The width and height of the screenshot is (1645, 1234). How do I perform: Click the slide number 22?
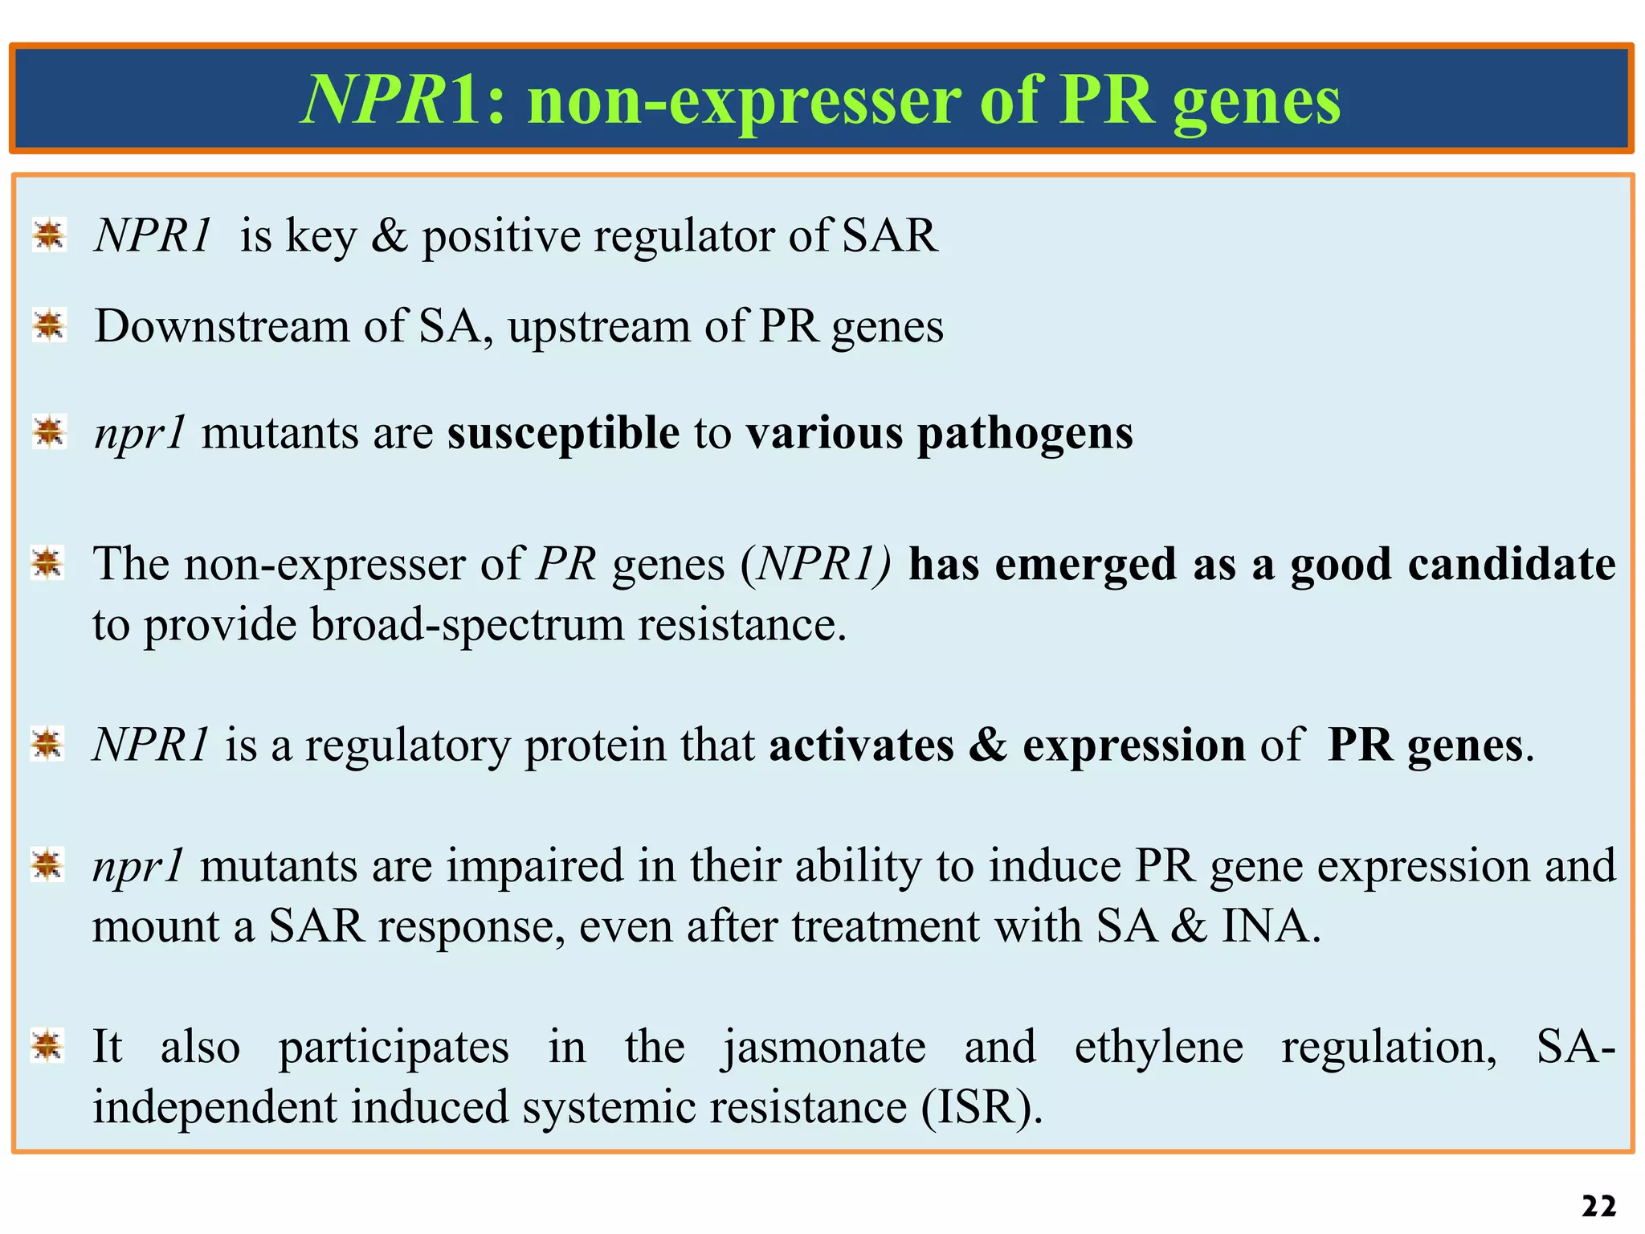click(1598, 1206)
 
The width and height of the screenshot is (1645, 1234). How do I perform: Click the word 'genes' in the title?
click(1256, 103)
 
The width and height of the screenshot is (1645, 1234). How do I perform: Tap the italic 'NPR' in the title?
click(373, 99)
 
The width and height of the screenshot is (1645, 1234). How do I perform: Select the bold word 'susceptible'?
click(563, 434)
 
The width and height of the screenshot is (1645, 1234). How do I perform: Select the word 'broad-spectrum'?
click(467, 626)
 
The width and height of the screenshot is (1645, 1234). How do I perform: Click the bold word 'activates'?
click(861, 745)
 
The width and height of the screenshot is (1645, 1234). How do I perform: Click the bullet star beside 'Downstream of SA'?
click(50, 325)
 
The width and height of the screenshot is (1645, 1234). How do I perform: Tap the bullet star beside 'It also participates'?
click(47, 1045)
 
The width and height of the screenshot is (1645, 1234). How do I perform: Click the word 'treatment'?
click(886, 926)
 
